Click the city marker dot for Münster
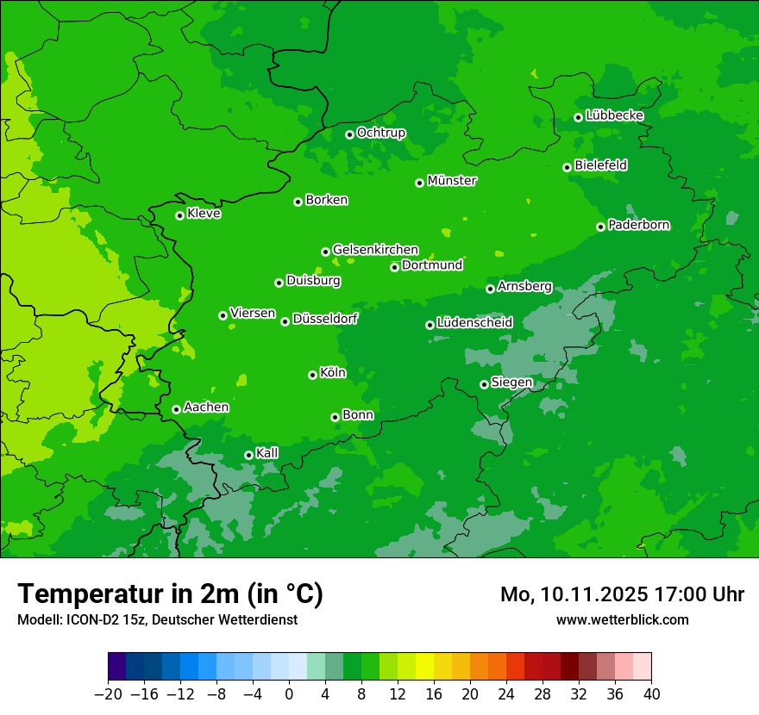420,183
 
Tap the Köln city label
333,373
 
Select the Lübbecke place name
614,115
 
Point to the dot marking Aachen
176,409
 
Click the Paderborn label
638,225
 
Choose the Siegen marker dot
484,384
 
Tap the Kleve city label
204,214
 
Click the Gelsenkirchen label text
375,250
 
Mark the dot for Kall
248,455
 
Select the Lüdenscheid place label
474,323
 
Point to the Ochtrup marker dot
349,134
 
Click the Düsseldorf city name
325,320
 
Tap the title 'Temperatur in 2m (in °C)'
170,594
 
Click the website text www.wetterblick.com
622,619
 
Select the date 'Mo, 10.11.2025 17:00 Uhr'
622,594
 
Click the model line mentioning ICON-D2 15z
157,619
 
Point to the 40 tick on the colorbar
651,694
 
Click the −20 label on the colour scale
108,694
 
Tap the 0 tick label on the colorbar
289,694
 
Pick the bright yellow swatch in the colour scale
424,667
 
